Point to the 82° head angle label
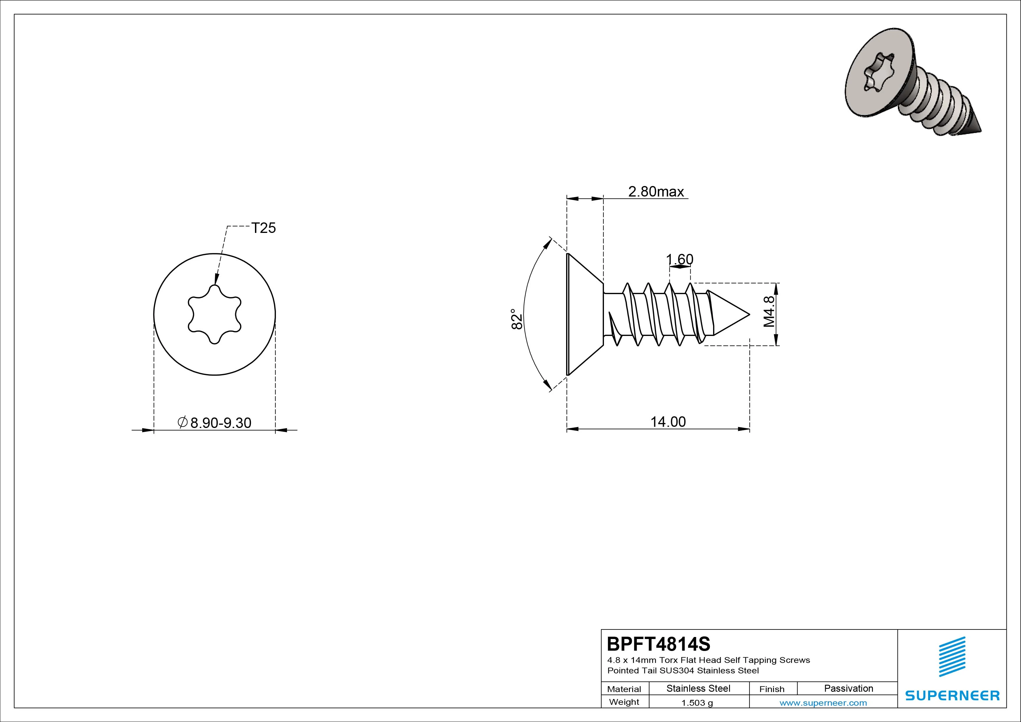516,319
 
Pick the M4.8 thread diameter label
769,312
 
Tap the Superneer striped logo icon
952,656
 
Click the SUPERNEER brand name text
952,695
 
